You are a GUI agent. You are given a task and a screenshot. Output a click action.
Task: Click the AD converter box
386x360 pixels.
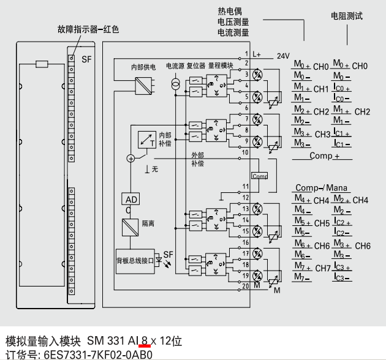[132, 200]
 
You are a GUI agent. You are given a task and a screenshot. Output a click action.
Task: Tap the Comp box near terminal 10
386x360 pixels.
[260, 176]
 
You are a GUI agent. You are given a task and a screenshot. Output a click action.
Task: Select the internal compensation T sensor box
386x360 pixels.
[146, 140]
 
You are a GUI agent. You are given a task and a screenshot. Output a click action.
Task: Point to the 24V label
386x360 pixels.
[282, 56]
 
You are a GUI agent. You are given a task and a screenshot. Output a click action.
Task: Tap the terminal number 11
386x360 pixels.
[244, 187]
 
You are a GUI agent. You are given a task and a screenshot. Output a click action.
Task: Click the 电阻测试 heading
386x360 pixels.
[347, 16]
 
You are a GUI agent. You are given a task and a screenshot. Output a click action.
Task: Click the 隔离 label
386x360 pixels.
[148, 224]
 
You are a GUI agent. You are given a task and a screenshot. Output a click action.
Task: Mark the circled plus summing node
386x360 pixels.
[130, 158]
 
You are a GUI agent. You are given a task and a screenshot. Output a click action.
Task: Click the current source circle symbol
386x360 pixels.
[175, 83]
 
